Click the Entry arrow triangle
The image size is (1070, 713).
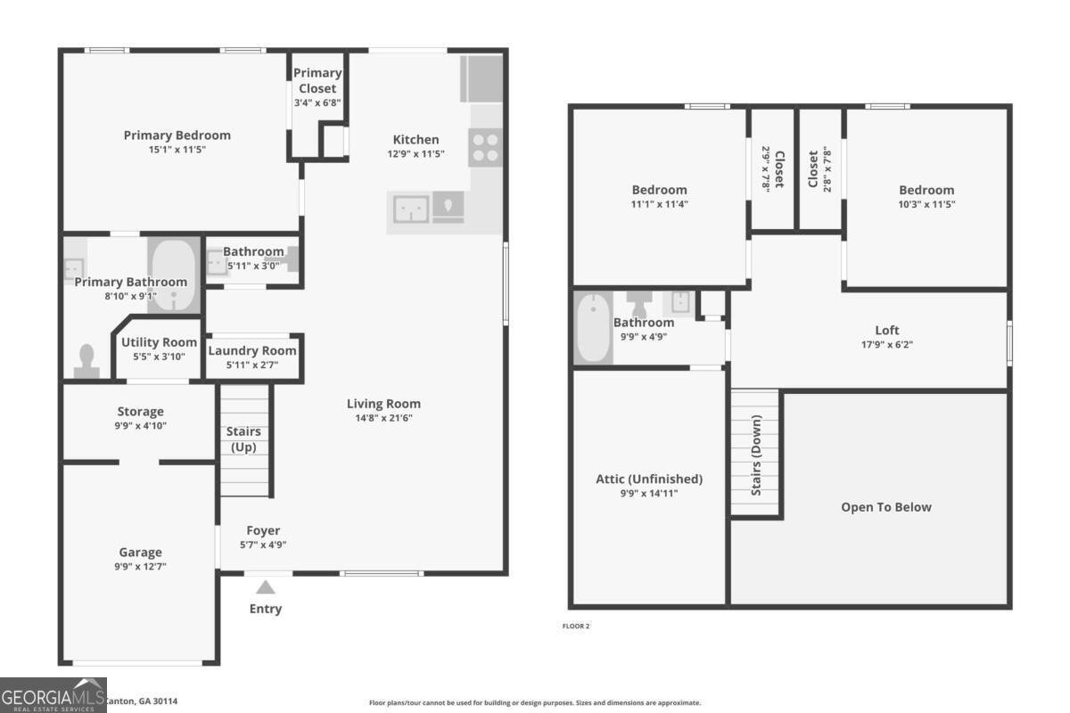(x=265, y=587)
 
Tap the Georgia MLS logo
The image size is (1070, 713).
(x=53, y=695)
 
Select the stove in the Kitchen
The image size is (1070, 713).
(x=485, y=147)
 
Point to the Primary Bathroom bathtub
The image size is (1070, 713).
(x=175, y=275)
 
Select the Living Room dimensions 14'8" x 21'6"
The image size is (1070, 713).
(x=383, y=417)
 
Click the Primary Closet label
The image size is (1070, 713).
(x=317, y=80)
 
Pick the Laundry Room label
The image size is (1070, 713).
(x=252, y=350)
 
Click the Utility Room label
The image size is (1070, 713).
(x=159, y=342)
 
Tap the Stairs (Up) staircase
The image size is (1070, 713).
(x=245, y=440)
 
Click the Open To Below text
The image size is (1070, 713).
(x=885, y=507)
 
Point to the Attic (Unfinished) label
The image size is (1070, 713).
(x=649, y=479)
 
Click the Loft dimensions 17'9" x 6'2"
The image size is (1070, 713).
(x=886, y=344)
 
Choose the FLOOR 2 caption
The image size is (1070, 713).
(x=575, y=626)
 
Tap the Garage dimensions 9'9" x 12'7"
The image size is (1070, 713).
(x=141, y=566)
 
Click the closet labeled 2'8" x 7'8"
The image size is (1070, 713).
(x=819, y=169)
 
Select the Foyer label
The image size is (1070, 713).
(x=262, y=530)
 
